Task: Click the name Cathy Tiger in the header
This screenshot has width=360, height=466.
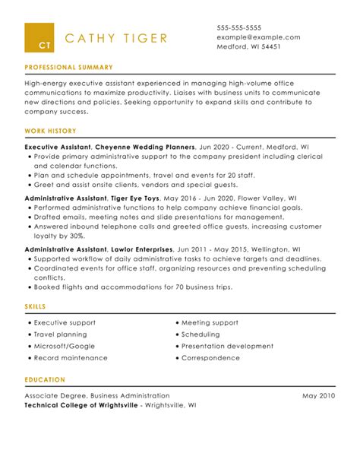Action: [115, 39]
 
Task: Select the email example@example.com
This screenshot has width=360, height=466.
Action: [258, 36]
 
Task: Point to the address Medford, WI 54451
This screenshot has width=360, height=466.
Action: [249, 46]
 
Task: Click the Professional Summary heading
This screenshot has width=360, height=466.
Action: [68, 68]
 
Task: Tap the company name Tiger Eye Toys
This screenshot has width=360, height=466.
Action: [135, 197]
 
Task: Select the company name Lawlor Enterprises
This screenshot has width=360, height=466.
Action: [141, 249]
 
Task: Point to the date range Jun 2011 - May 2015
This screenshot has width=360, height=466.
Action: [213, 249]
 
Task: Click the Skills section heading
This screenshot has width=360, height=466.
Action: [35, 306]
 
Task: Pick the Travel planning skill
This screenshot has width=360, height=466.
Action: [65, 334]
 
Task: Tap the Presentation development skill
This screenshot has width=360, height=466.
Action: [226, 346]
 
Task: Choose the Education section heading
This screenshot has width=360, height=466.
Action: [45, 380]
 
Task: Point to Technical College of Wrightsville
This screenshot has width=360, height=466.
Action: [81, 406]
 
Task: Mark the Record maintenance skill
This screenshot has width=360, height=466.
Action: [71, 357]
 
